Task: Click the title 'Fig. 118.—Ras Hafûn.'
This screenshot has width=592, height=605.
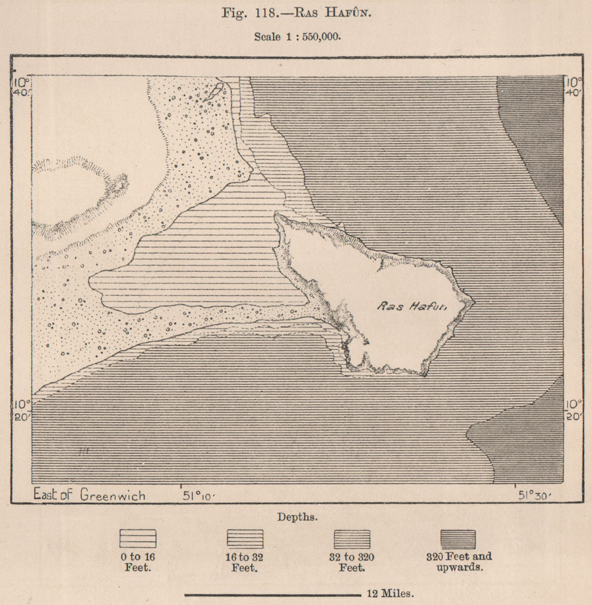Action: (296, 14)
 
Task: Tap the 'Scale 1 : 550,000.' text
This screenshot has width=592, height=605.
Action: (296, 36)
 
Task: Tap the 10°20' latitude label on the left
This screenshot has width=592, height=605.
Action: (21, 409)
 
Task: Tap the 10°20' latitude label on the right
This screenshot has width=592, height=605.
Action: (573, 409)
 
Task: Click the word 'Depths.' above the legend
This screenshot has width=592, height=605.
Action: (295, 517)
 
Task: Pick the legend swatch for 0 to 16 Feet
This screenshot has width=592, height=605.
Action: (138, 538)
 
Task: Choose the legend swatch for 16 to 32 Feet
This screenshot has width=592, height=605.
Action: (245, 538)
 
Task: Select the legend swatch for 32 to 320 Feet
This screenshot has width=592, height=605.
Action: (352, 538)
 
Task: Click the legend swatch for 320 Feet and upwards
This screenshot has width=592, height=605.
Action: (458, 538)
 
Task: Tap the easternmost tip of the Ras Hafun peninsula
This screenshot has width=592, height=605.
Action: (475, 301)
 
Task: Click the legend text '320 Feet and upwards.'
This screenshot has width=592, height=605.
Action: (465, 562)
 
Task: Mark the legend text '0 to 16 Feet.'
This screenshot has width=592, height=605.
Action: (138, 562)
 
